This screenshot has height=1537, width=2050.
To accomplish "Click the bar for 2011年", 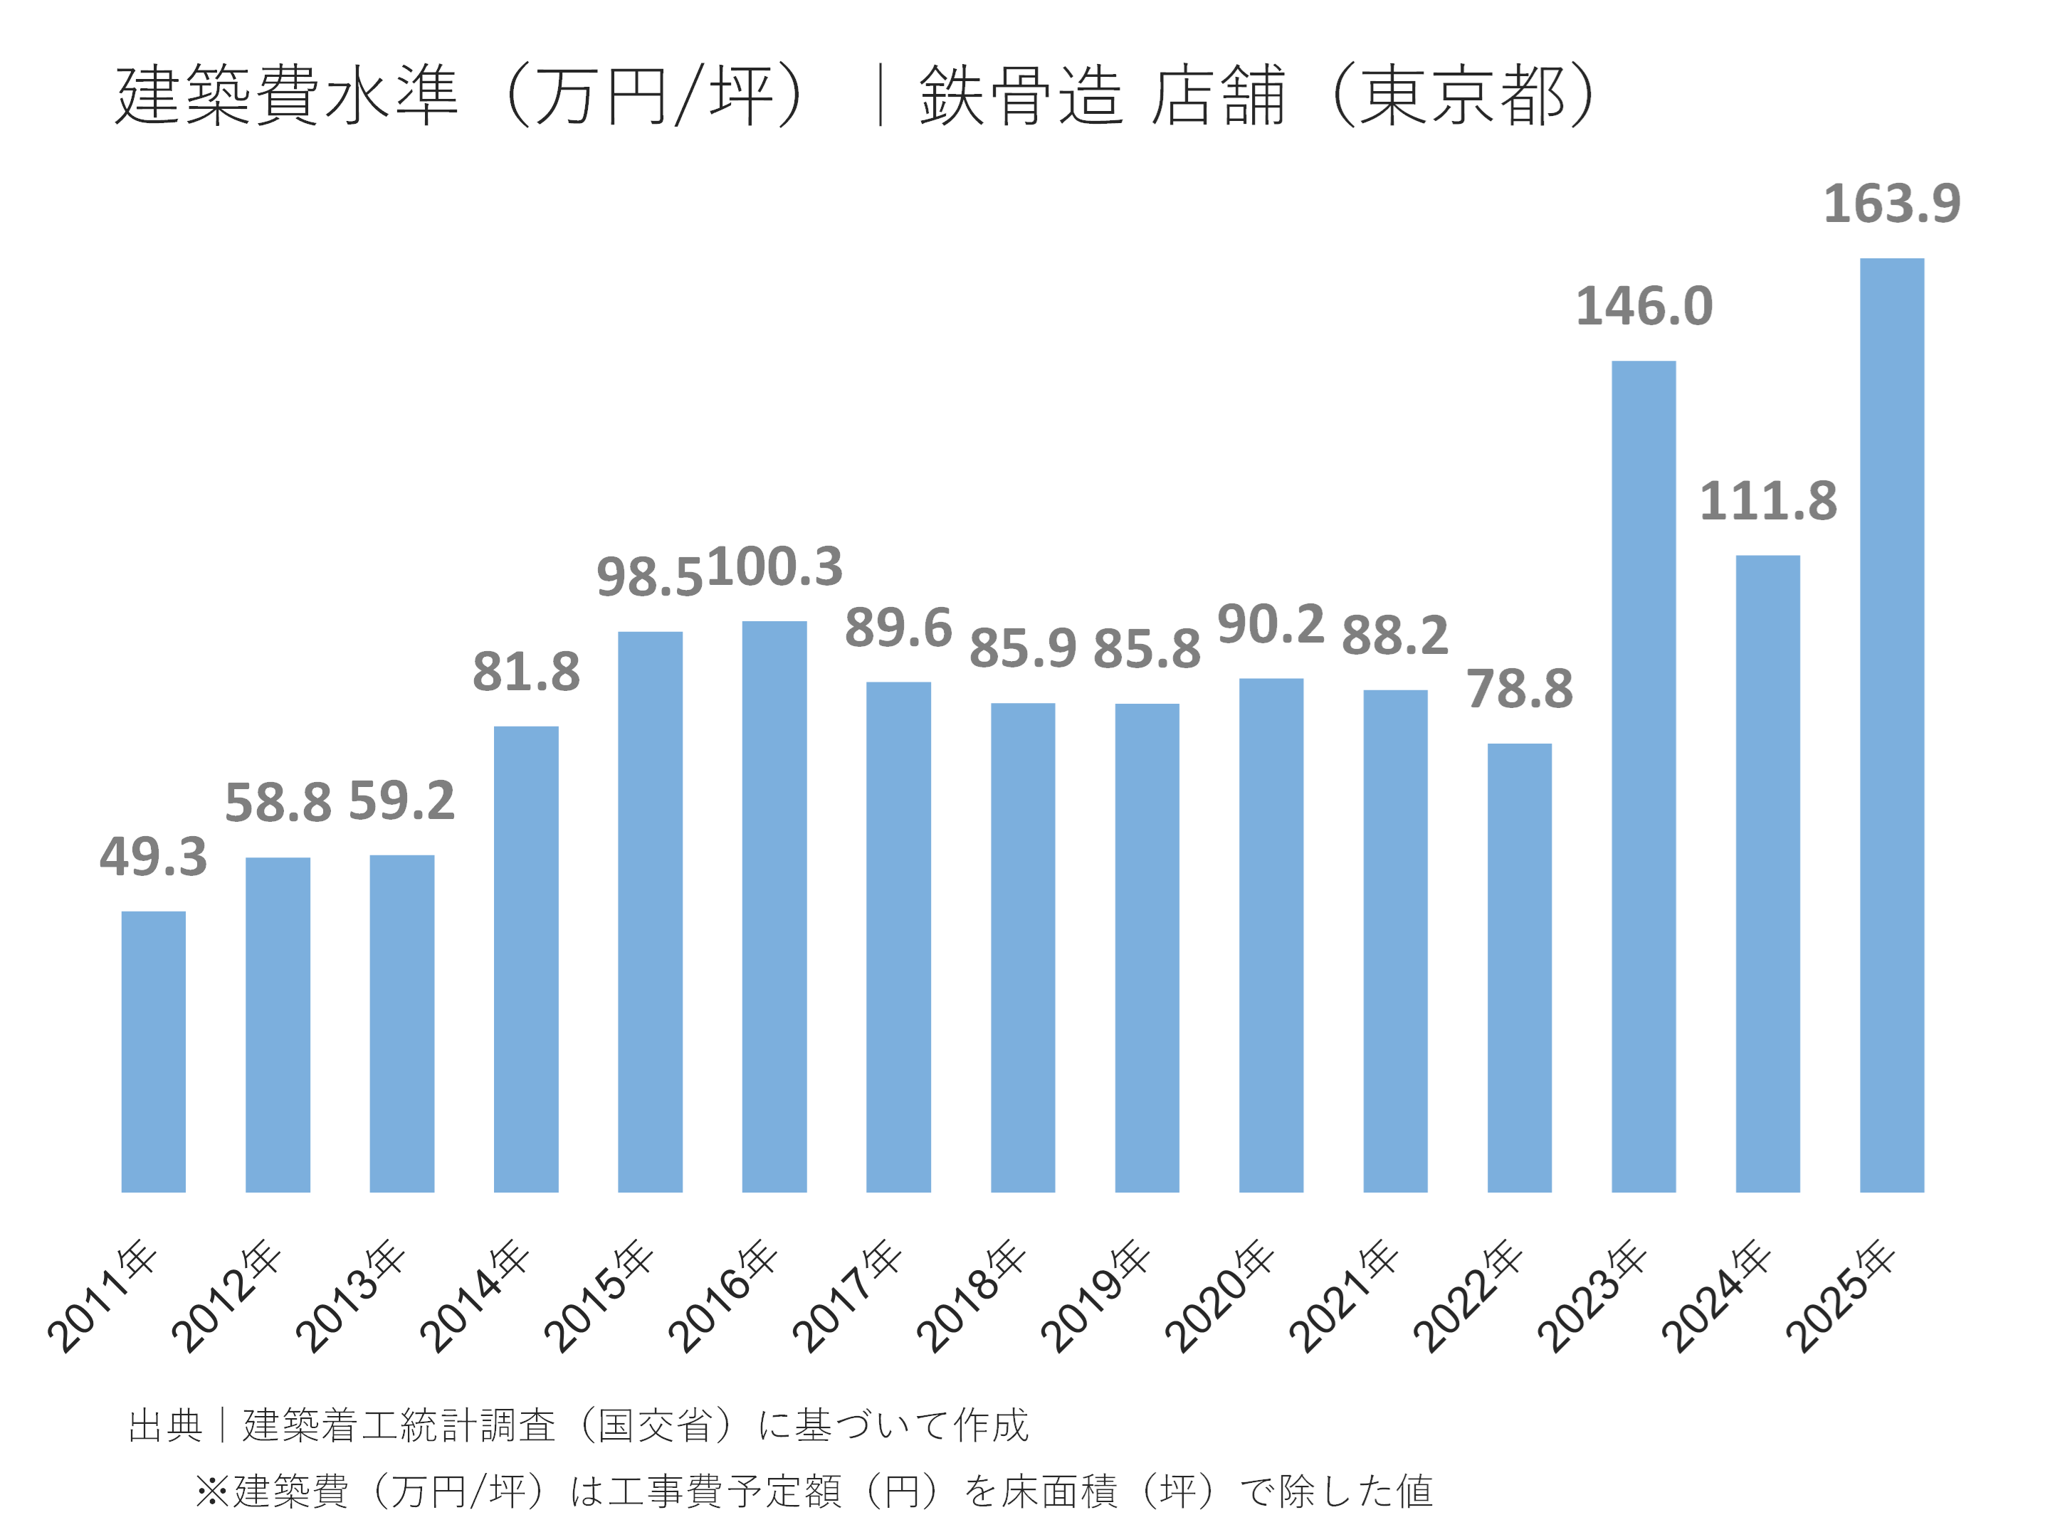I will pyautogui.click(x=154, y=1052).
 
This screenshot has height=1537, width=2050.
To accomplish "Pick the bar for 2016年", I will pyautogui.click(x=774, y=906).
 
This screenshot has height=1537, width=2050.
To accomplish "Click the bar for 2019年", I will pyautogui.click(x=1147, y=948).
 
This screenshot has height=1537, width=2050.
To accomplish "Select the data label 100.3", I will pyautogui.click(x=774, y=566).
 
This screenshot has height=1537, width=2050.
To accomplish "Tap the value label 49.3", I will pyautogui.click(x=154, y=857).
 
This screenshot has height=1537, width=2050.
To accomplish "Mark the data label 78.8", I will pyautogui.click(x=1519, y=690).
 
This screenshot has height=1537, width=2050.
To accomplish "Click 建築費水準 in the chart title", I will pyautogui.click(x=288, y=95).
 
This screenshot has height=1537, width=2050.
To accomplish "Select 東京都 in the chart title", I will pyautogui.click(x=1463, y=95).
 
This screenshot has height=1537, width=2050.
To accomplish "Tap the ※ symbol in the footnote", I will pyautogui.click(x=212, y=1491).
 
